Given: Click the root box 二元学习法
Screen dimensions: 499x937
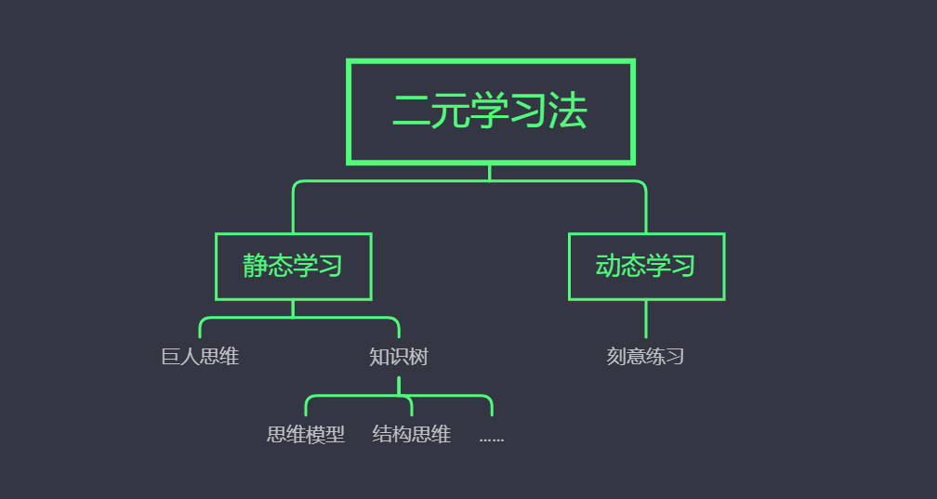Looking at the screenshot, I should click(490, 112).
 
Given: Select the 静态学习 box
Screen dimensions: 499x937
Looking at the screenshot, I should click(293, 267).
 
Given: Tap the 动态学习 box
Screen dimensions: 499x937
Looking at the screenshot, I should click(646, 267).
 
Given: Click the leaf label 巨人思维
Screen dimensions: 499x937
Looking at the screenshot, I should click(200, 357).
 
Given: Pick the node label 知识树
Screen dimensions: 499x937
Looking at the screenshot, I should click(398, 357).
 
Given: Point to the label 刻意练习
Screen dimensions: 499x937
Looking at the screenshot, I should click(645, 357).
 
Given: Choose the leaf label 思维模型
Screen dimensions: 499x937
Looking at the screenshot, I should click(305, 434).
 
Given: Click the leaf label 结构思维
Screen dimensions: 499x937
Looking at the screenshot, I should click(411, 434).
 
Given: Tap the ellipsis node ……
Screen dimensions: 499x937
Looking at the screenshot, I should click(491, 436).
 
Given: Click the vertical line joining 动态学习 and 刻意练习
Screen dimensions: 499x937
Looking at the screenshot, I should click(646, 319).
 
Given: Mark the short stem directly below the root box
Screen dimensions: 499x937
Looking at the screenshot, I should click(490, 172).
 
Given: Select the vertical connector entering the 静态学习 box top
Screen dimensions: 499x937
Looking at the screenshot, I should click(293, 214).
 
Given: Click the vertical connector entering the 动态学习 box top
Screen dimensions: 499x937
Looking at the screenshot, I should click(646, 214).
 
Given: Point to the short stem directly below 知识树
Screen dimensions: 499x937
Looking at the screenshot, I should click(399, 386).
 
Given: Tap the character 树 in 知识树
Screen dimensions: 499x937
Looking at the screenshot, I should click(418, 357).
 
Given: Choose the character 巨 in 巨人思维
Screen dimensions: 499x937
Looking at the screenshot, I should click(170, 357).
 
